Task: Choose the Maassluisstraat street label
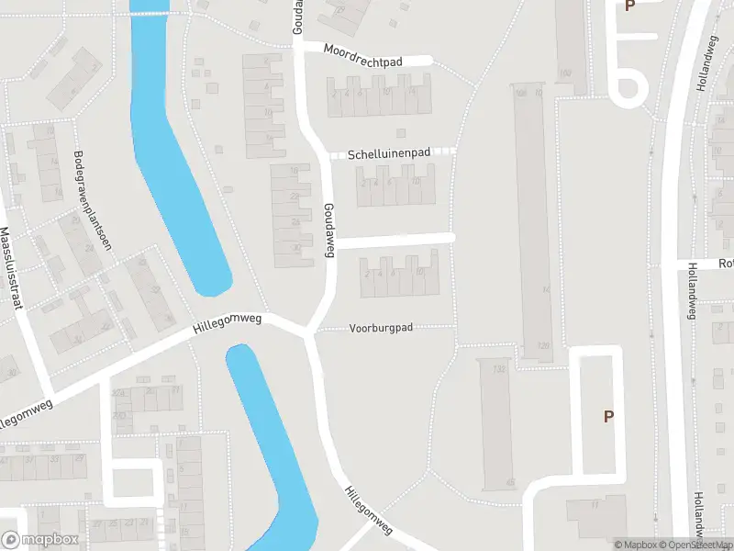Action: pyautogui.click(x=9, y=269)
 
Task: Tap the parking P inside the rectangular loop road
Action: pyautogui.click(x=607, y=416)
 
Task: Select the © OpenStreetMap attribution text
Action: pyautogui.click(x=695, y=545)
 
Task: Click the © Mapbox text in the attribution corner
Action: pyautogui.click(x=637, y=545)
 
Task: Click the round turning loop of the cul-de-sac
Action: pyautogui.click(x=628, y=88)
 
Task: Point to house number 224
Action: pyautogui.click(x=118, y=393)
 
